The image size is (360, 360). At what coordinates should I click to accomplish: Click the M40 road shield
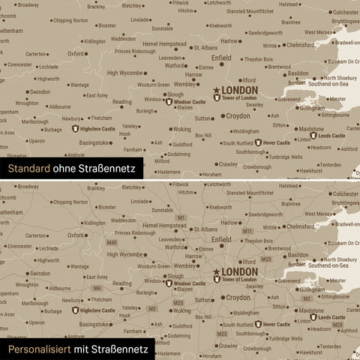click(112, 243)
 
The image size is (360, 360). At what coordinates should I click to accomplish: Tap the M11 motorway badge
click(247, 231)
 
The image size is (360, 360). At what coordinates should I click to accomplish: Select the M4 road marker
click(96, 288)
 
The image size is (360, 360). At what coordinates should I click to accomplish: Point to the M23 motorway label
click(221, 333)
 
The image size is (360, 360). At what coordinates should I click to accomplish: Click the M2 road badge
click(307, 299)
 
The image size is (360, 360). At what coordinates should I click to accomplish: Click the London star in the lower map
click(217, 271)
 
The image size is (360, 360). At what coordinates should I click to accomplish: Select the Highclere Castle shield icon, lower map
click(75, 310)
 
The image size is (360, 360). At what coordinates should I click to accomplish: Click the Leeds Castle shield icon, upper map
click(313, 136)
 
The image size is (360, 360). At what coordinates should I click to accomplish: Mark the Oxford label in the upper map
click(76, 54)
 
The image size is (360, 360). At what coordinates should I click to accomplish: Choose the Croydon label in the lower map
click(238, 297)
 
